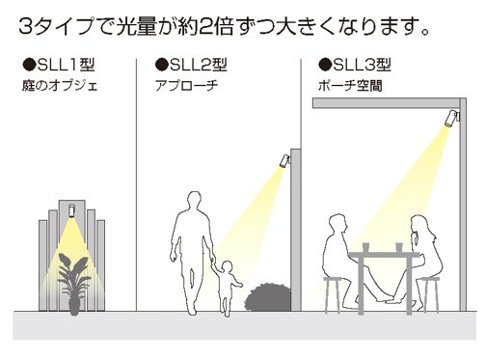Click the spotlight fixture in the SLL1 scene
[71, 211]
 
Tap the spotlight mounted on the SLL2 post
[283, 160]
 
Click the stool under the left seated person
[334, 294]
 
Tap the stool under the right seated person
[430, 294]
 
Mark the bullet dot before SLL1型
[28, 67]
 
